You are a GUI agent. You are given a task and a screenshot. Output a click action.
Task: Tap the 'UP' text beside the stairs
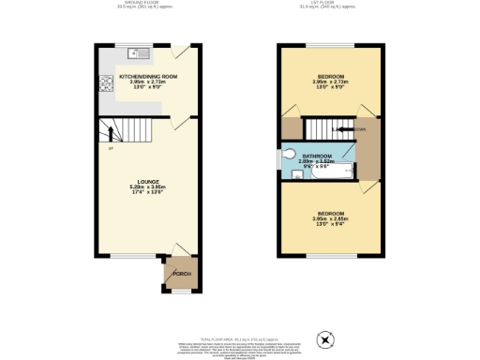click(111, 149)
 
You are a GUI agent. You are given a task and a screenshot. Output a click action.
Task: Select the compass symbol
click(326, 338)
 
